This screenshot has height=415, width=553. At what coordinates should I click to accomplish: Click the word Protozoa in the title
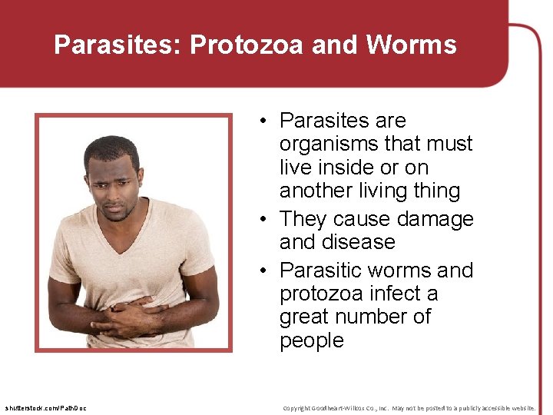[x=244, y=45]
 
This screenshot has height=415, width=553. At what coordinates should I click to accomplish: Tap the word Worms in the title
[x=411, y=45]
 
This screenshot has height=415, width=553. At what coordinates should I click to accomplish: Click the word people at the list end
[x=312, y=340]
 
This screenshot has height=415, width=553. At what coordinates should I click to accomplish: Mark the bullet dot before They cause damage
[x=263, y=220]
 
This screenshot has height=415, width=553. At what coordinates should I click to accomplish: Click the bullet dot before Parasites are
[x=263, y=121]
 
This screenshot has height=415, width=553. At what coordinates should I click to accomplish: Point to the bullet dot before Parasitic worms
[x=263, y=271]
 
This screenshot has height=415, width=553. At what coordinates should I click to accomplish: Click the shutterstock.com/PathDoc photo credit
[x=45, y=407]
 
